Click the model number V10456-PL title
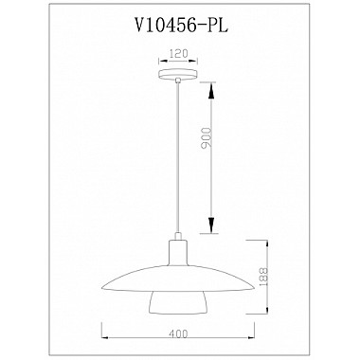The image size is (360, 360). pyautogui.click(x=179, y=28)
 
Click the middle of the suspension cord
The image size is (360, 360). pyautogui.click(x=178, y=161)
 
